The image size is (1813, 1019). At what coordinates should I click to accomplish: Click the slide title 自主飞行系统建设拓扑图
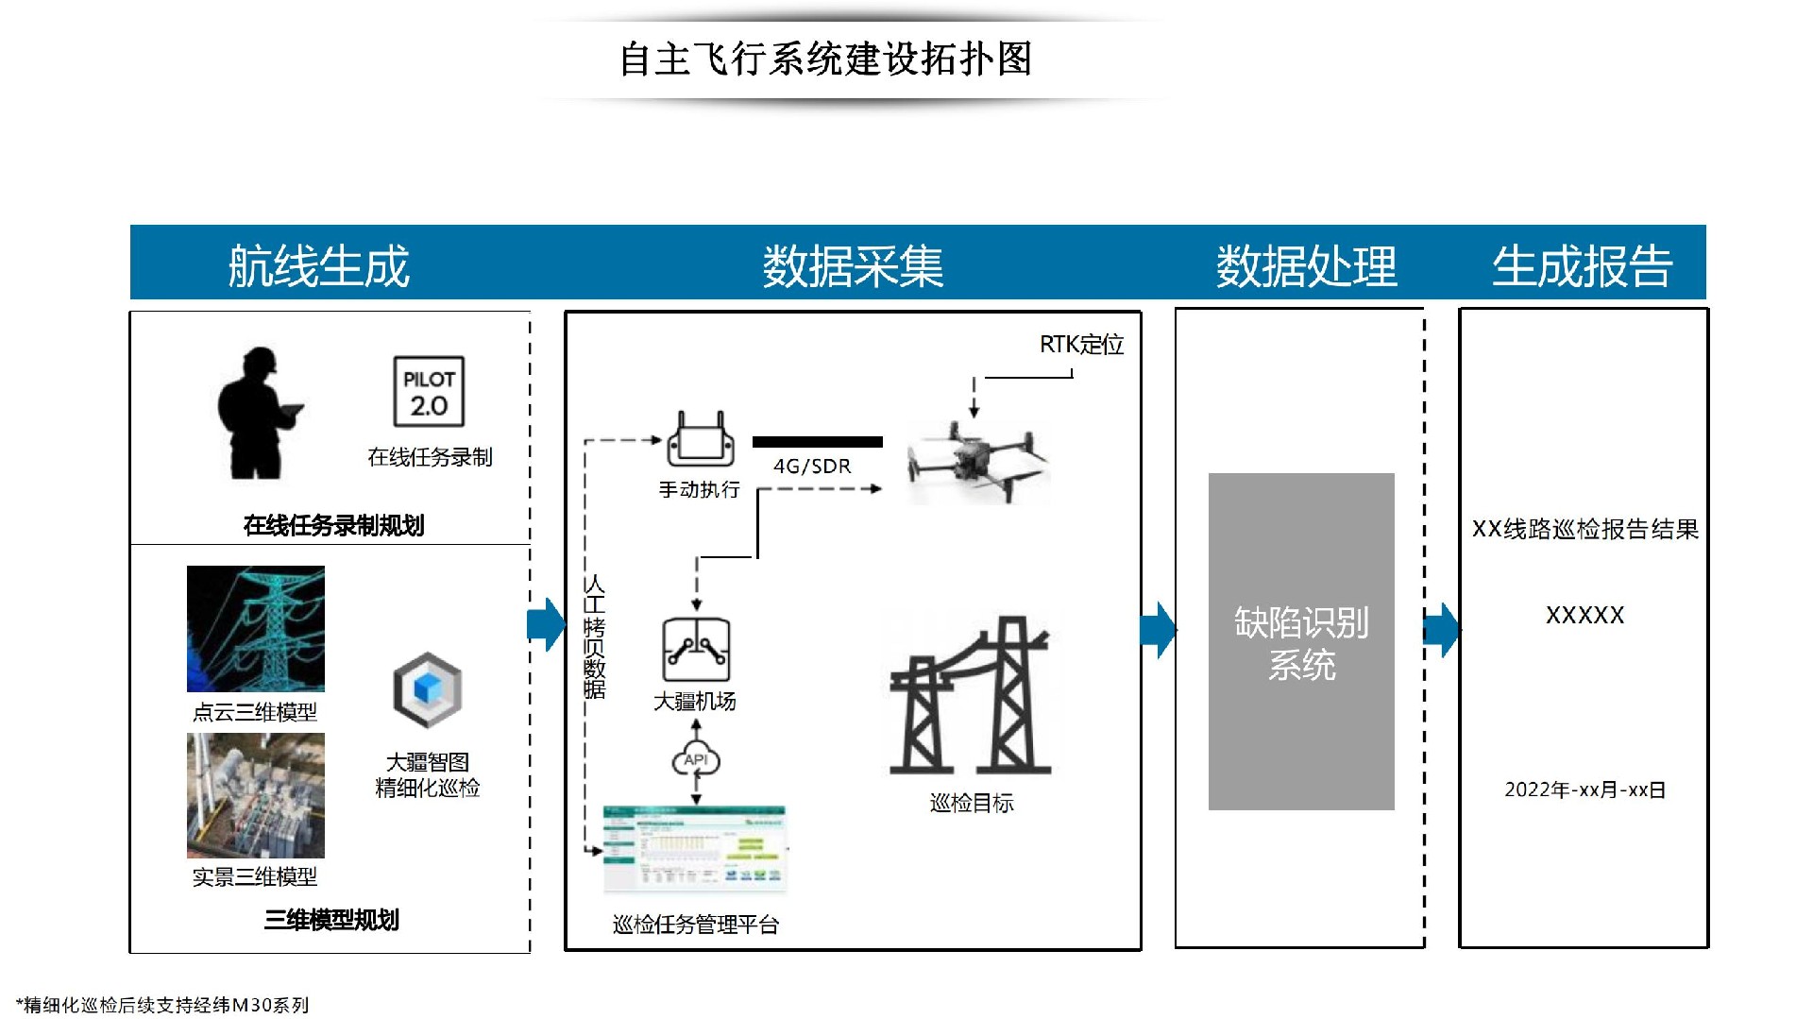[825, 59]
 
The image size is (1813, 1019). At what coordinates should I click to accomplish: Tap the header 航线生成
[319, 265]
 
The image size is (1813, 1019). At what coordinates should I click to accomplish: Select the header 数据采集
[853, 265]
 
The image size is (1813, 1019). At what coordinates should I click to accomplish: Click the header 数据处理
[1306, 265]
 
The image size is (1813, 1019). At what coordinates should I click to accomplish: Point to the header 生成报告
[1582, 265]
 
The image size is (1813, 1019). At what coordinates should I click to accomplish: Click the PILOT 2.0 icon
[429, 391]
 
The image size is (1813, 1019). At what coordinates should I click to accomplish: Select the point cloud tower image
[256, 628]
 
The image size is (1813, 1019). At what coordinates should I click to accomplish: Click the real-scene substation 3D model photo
[256, 795]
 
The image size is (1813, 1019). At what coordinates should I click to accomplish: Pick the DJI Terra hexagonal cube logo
[428, 689]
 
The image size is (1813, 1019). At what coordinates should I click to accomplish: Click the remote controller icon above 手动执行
[698, 440]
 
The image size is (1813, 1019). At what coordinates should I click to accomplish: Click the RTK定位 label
[1081, 345]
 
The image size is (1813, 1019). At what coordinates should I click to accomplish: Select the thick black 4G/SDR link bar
[818, 442]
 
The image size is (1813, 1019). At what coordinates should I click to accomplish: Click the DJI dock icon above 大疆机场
[697, 650]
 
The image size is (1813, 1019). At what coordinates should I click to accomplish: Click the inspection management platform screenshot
[695, 849]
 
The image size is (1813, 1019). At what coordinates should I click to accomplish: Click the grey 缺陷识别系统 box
[1301, 641]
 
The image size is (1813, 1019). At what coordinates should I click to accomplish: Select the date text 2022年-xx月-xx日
[1584, 790]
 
